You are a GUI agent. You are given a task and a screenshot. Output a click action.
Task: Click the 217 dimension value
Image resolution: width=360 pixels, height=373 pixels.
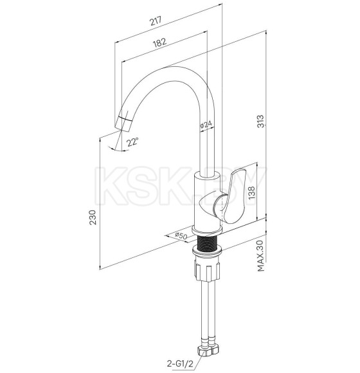(156, 21)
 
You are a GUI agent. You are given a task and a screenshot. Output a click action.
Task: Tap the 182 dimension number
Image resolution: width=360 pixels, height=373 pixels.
(159, 42)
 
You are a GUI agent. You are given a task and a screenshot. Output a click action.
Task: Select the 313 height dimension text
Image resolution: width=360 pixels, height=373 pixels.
(261, 122)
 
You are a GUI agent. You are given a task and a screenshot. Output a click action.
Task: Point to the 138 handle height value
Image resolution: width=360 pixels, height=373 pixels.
(251, 192)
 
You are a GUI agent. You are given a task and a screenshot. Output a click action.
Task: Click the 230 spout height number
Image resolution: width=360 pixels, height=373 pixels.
(93, 217)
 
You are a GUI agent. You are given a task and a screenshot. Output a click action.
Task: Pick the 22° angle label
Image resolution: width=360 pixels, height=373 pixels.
(132, 142)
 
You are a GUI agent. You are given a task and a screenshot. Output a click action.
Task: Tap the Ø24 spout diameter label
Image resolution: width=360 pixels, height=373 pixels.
(206, 125)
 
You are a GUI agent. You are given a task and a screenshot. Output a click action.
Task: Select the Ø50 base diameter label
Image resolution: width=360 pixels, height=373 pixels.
(181, 236)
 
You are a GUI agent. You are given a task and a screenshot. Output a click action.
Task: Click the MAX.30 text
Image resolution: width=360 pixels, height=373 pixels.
(261, 255)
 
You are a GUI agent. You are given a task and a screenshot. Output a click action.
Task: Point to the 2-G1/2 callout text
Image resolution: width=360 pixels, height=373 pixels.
(180, 363)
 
